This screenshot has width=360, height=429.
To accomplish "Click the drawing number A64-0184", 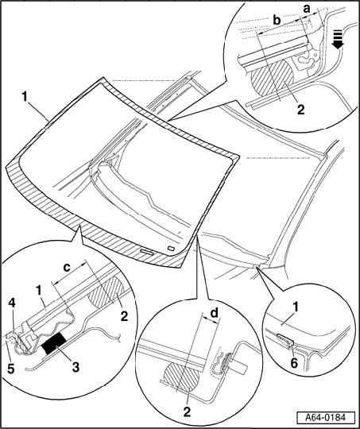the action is click(326, 418).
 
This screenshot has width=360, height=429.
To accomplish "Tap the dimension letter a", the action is click(307, 9).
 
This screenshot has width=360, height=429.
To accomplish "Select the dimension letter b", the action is click(277, 20).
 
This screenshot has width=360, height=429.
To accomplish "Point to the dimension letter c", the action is click(67, 268).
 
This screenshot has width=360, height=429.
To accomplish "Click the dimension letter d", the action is click(214, 313).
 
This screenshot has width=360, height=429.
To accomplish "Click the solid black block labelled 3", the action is click(54, 342).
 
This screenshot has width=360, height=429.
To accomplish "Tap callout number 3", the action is click(75, 366).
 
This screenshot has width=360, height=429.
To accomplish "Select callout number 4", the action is click(12, 303).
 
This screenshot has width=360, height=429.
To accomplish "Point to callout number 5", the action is click(10, 369).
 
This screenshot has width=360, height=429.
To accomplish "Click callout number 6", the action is click(294, 363).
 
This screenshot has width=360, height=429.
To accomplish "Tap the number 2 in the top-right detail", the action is click(300, 110).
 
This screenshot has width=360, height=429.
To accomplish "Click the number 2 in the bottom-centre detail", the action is click(187, 412).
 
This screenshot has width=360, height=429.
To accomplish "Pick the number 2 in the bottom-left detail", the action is click(124, 316).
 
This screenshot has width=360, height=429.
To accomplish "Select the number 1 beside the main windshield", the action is click(25, 97).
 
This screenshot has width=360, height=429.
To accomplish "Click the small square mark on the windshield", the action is click(172, 248).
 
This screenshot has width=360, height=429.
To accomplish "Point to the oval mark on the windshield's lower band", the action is click(147, 251).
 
